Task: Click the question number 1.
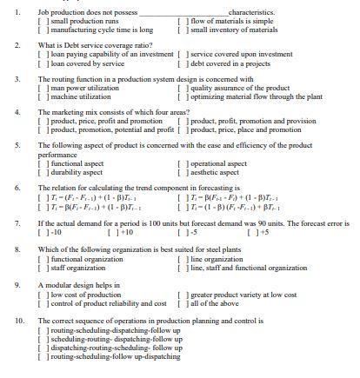[x=18, y=13]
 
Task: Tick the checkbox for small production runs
[x=43, y=21]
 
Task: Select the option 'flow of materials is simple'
[x=180, y=21]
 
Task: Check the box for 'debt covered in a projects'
[x=180, y=63]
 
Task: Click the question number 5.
[x=18, y=144]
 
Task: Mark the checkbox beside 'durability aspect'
[x=43, y=171]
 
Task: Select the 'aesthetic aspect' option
[x=180, y=171]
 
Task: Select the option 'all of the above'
[x=180, y=303]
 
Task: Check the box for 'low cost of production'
[x=43, y=295]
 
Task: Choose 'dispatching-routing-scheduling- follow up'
[x=43, y=348]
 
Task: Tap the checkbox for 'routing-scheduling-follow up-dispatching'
[x=43, y=356]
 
